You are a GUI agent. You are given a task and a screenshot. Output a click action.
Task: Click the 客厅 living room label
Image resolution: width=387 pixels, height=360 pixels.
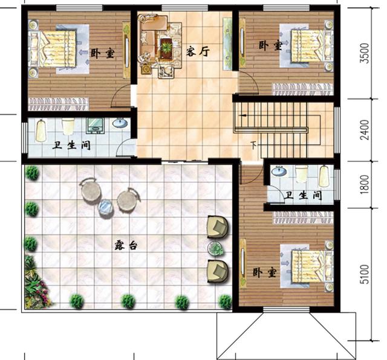[x=198, y=51]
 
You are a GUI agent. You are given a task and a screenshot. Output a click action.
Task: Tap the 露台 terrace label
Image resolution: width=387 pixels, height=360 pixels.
[x=126, y=245]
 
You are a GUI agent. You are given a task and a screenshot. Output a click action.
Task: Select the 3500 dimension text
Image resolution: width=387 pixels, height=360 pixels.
[x=365, y=53]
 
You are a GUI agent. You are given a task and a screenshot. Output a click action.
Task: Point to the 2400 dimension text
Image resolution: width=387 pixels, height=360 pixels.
[x=365, y=130]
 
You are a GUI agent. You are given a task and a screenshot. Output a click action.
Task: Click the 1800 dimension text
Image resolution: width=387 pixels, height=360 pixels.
[x=365, y=184]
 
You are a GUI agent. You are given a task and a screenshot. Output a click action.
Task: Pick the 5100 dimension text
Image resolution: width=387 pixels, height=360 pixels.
[x=365, y=274]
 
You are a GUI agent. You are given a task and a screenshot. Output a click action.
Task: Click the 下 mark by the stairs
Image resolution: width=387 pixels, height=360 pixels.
[x=253, y=145]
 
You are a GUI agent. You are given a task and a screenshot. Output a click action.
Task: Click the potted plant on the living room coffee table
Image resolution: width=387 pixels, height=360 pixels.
[x=166, y=46]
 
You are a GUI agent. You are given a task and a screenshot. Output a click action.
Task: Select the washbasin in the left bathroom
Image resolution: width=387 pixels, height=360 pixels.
[x=120, y=123]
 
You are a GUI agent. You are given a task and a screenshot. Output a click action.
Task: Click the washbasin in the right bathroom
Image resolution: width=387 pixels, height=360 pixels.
[x=279, y=171]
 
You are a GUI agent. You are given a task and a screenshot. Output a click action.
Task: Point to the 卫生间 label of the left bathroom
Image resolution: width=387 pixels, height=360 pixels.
[x=71, y=146]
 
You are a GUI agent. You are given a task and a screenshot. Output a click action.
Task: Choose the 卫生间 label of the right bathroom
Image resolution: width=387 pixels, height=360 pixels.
[x=303, y=195]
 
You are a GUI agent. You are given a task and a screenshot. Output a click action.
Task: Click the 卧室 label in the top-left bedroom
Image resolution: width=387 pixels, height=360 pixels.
[x=103, y=53]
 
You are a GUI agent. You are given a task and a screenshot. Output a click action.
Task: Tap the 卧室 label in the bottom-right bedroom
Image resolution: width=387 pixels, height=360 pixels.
[x=264, y=272]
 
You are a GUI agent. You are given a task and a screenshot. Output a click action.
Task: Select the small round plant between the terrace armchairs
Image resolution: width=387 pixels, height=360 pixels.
[x=216, y=248]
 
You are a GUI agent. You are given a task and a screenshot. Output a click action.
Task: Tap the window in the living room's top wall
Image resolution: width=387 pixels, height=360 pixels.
[x=185, y=8]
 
